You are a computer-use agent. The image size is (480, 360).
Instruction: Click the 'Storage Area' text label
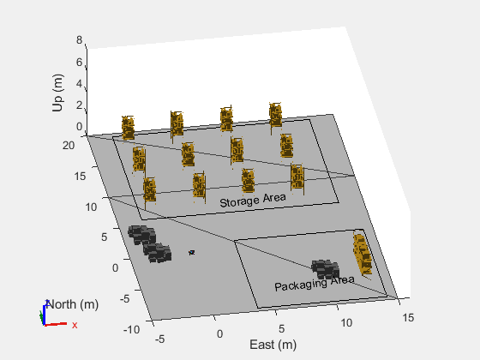[x=253, y=201]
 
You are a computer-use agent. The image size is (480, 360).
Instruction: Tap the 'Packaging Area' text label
[x=315, y=283]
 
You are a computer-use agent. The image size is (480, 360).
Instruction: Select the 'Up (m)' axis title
[x=57, y=93]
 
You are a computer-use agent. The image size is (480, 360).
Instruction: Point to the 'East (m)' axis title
[x=273, y=345]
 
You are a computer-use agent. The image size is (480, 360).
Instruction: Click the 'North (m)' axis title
[x=73, y=304]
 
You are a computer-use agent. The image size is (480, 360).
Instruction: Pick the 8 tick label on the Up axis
[x=79, y=39]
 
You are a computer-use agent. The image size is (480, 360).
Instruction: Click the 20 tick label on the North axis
[x=69, y=145]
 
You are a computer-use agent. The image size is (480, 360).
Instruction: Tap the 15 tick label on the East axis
[x=408, y=317]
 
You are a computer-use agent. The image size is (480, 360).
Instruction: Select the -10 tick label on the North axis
[x=132, y=330]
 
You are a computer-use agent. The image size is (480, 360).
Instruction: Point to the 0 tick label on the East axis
[x=219, y=333]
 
